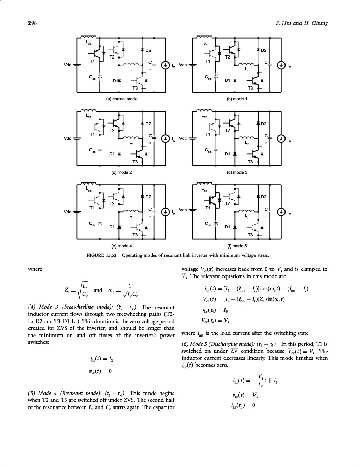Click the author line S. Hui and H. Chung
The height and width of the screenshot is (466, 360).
tap(302, 23)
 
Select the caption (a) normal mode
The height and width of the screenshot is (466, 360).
tap(121, 98)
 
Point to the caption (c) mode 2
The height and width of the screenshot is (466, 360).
tap(121, 172)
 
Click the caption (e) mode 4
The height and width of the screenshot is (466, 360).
tap(121, 246)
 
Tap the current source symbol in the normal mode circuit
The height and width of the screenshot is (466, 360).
tap(165, 65)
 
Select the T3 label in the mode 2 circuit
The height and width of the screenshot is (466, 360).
tap(136, 162)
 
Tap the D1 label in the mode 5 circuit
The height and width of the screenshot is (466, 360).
tap(227, 226)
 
